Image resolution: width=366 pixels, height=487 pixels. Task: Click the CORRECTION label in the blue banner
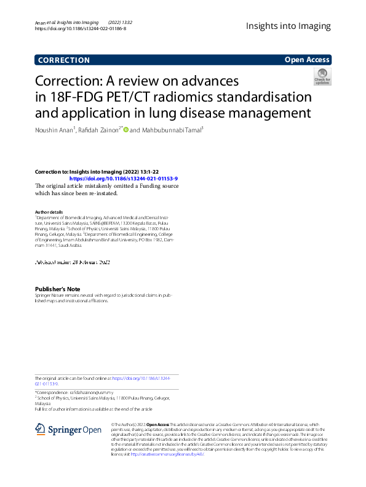click(63, 60)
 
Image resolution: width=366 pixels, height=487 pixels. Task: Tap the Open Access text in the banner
click(307, 60)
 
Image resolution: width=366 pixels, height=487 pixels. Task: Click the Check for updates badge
click(322, 77)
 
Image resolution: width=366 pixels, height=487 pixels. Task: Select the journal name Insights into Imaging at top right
click(288, 26)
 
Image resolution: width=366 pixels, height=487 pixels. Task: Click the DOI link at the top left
click(81, 29)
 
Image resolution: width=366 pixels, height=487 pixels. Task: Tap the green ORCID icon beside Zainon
click(126, 129)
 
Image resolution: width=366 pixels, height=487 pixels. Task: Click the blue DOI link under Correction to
click(124, 178)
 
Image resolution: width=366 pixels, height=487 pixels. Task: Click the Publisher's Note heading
click(57, 289)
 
